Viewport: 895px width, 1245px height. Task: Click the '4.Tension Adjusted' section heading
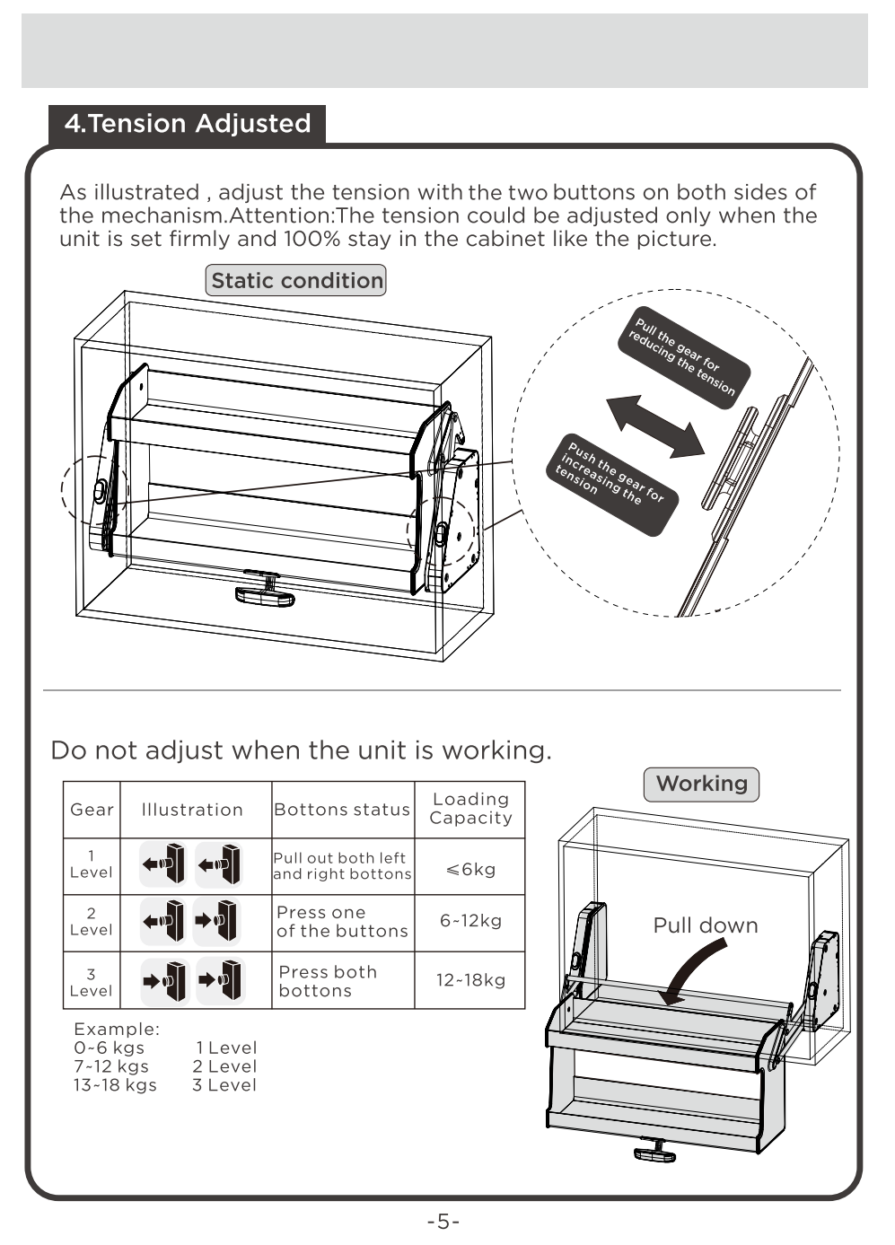point(187,124)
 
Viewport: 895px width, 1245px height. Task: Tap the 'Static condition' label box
point(296,280)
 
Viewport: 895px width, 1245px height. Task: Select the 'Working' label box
point(701,784)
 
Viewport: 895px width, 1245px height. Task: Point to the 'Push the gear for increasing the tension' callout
point(610,485)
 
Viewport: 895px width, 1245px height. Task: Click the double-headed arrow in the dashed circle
point(655,426)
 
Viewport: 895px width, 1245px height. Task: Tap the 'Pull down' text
point(705,925)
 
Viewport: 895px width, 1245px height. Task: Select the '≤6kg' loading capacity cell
point(469,869)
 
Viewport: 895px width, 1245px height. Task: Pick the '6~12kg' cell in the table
point(469,921)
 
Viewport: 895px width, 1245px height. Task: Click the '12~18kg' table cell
point(469,980)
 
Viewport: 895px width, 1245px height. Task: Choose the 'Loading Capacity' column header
point(469,809)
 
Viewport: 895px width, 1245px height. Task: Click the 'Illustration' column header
point(192,810)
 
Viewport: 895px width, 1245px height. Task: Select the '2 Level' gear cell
point(91,922)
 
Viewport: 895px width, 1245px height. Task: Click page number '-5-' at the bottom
point(443,1222)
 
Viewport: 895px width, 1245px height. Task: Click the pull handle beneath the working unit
point(654,1151)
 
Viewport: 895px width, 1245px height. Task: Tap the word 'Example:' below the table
point(117,1029)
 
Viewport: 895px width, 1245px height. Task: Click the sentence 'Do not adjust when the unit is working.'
point(301,750)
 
